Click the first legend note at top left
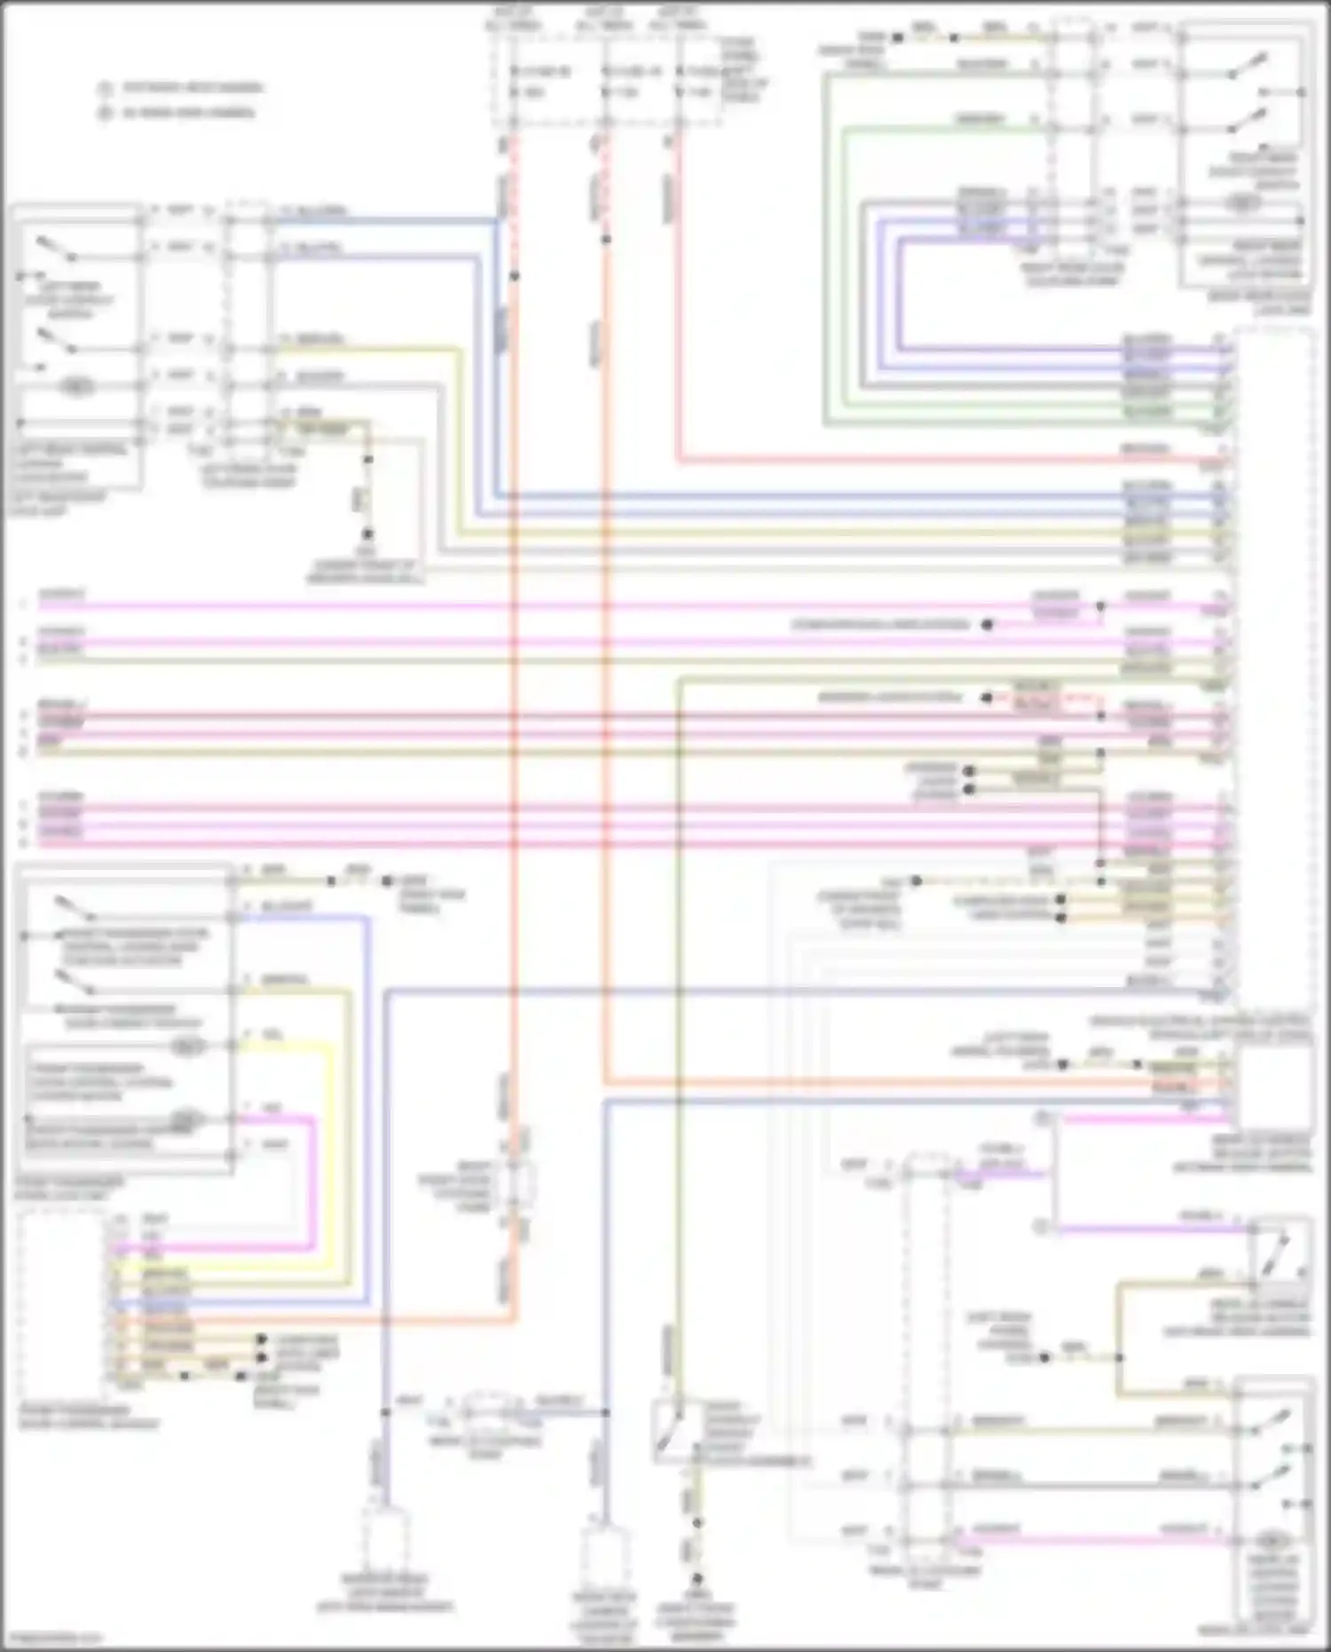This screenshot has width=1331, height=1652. (x=183, y=88)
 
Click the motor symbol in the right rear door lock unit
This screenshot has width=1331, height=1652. (x=1242, y=203)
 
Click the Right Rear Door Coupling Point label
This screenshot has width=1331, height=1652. (x=1073, y=273)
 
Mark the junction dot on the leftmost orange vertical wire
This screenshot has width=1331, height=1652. (x=514, y=276)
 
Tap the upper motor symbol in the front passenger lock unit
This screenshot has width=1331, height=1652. (x=186, y=1047)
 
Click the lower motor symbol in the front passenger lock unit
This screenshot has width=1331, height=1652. (x=186, y=1118)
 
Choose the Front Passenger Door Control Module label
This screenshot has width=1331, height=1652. (x=89, y=1417)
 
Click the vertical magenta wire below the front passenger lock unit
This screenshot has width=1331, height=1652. (x=313, y=1181)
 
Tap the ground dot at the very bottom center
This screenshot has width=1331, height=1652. (x=697, y=1579)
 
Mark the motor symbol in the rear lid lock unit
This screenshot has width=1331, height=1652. (x=1273, y=1540)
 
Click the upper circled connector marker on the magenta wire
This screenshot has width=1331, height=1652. (x=1044, y=1118)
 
